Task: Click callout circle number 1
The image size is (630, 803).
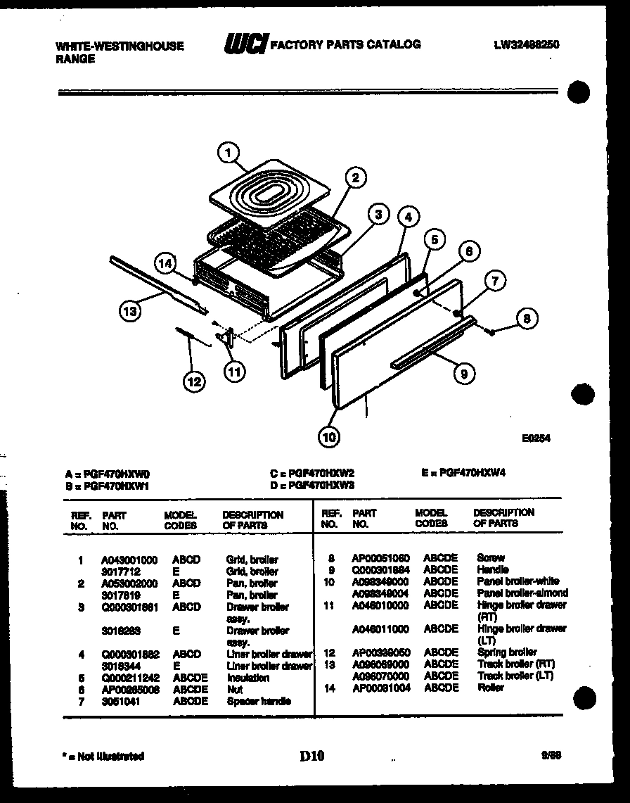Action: [227, 150]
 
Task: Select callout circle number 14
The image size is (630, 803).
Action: [165, 265]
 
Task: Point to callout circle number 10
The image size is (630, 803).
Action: [328, 438]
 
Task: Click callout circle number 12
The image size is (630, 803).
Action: [194, 381]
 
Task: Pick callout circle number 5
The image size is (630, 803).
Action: [434, 239]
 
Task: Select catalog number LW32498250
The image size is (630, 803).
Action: [527, 45]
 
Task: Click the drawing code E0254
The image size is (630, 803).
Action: [536, 438]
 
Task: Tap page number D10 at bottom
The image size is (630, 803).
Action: [312, 757]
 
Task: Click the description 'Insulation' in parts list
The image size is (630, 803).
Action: [247, 678]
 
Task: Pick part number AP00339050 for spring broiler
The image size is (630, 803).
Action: [381, 652]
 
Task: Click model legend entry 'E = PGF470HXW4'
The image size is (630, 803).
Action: [463, 473]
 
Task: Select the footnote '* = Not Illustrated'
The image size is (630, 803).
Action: [103, 757]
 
